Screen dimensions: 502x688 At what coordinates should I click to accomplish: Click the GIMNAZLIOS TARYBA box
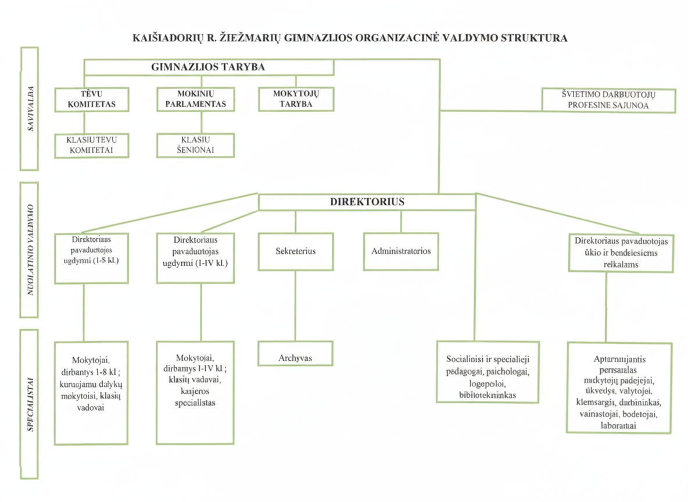pos(209,67)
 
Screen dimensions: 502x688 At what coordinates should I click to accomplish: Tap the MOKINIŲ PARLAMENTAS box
pos(196,99)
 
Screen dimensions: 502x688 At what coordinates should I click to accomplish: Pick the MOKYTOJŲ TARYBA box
pos(296,99)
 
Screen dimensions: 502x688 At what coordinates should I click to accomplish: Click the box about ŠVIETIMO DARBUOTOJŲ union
pos(608,100)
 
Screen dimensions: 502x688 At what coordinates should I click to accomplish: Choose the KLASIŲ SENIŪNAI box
pos(196,145)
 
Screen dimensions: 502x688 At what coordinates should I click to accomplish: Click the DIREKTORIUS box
pos(367,202)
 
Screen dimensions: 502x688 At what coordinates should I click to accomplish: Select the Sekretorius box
pos(296,252)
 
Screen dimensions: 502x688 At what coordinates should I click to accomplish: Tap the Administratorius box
pos(400,252)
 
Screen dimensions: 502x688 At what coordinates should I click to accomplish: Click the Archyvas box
pos(296,353)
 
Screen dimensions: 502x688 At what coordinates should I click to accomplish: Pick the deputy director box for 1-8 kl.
pos(91,257)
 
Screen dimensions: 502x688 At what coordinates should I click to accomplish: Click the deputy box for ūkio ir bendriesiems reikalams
pos(621,253)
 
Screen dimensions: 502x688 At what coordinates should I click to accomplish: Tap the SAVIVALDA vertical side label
pos(28,109)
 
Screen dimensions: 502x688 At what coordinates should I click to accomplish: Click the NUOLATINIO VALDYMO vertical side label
pos(28,250)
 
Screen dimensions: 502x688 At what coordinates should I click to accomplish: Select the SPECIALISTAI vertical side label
pos(28,404)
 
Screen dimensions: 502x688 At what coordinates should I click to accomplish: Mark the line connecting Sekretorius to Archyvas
pos(296,306)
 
